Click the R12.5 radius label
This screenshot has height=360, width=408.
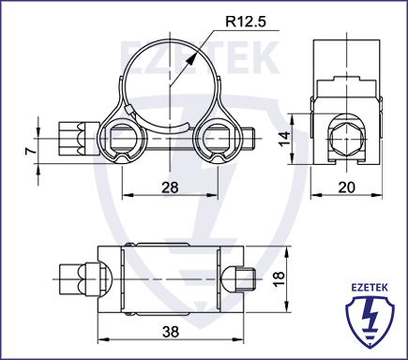coord(246,22)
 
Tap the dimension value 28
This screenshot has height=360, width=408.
coord(170,187)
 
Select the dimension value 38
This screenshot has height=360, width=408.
coord(171,332)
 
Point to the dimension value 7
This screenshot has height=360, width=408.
coord(31,151)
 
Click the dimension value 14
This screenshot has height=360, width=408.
coord(285,139)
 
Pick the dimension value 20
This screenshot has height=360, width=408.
coord(347,187)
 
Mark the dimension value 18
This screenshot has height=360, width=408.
coord(279,277)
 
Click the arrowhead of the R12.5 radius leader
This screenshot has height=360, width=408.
coord(191,58)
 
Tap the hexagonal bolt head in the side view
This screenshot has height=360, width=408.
coord(347,139)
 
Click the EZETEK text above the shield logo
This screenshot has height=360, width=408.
coord(370,287)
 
